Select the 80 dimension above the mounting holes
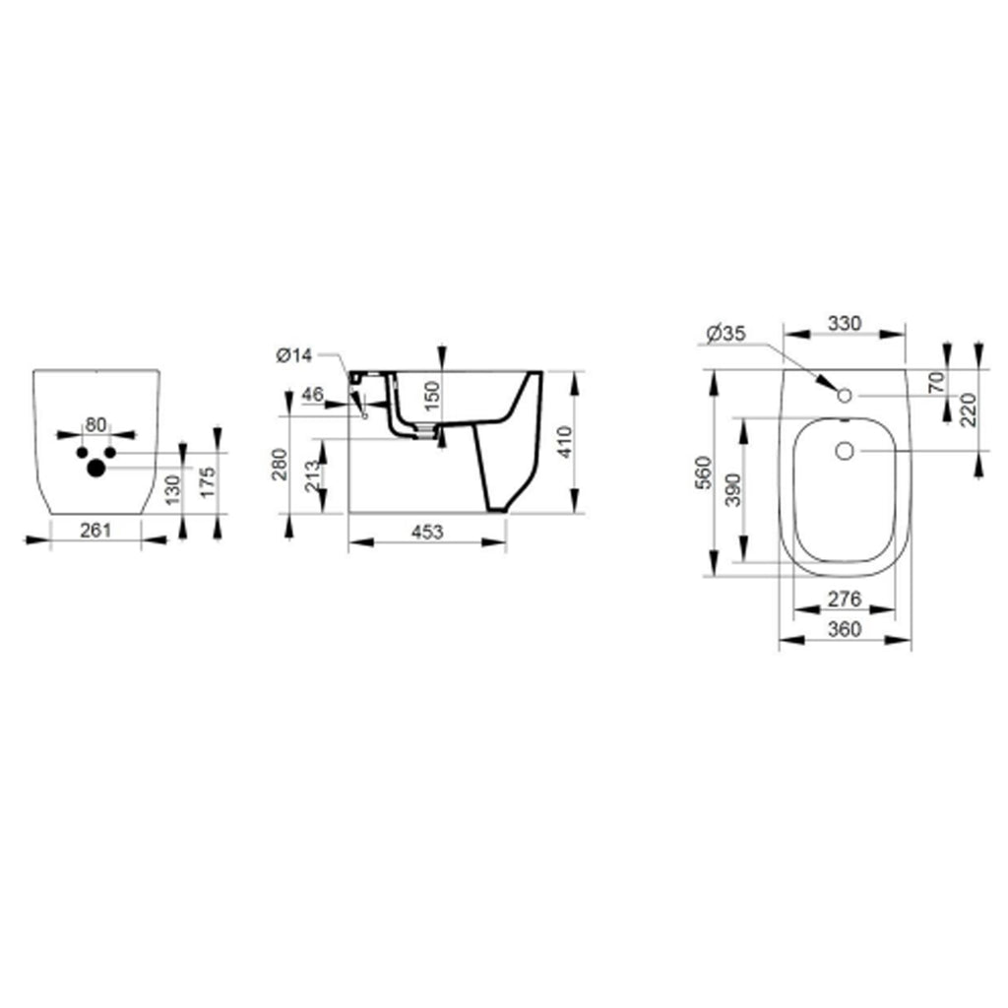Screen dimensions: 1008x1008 pos(95,424)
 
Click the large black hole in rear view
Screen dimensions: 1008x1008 pos(95,469)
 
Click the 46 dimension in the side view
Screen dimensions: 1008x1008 pos(313,395)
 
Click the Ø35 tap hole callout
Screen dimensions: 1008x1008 pos(724,333)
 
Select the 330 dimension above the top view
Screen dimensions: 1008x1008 pos(844,323)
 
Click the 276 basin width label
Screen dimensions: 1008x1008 pos(845,598)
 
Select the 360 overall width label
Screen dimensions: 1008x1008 pos(845,629)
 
